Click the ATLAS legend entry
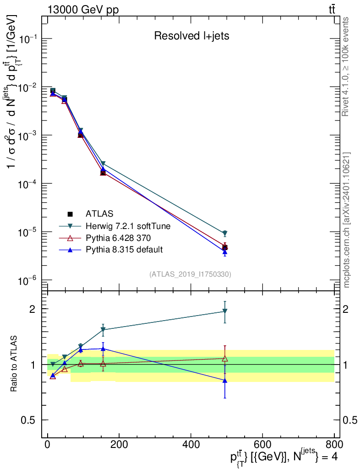pos(99,213)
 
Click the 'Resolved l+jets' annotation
pos(191,36)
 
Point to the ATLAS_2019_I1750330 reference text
pos(190,274)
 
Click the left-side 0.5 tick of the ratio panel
pos(29,420)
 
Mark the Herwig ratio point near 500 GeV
pos(225,311)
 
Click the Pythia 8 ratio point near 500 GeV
pos(225,380)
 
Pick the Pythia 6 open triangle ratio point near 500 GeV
pos(225,359)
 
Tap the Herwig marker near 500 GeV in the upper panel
pos(225,234)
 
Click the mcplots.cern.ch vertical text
pos(347,220)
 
